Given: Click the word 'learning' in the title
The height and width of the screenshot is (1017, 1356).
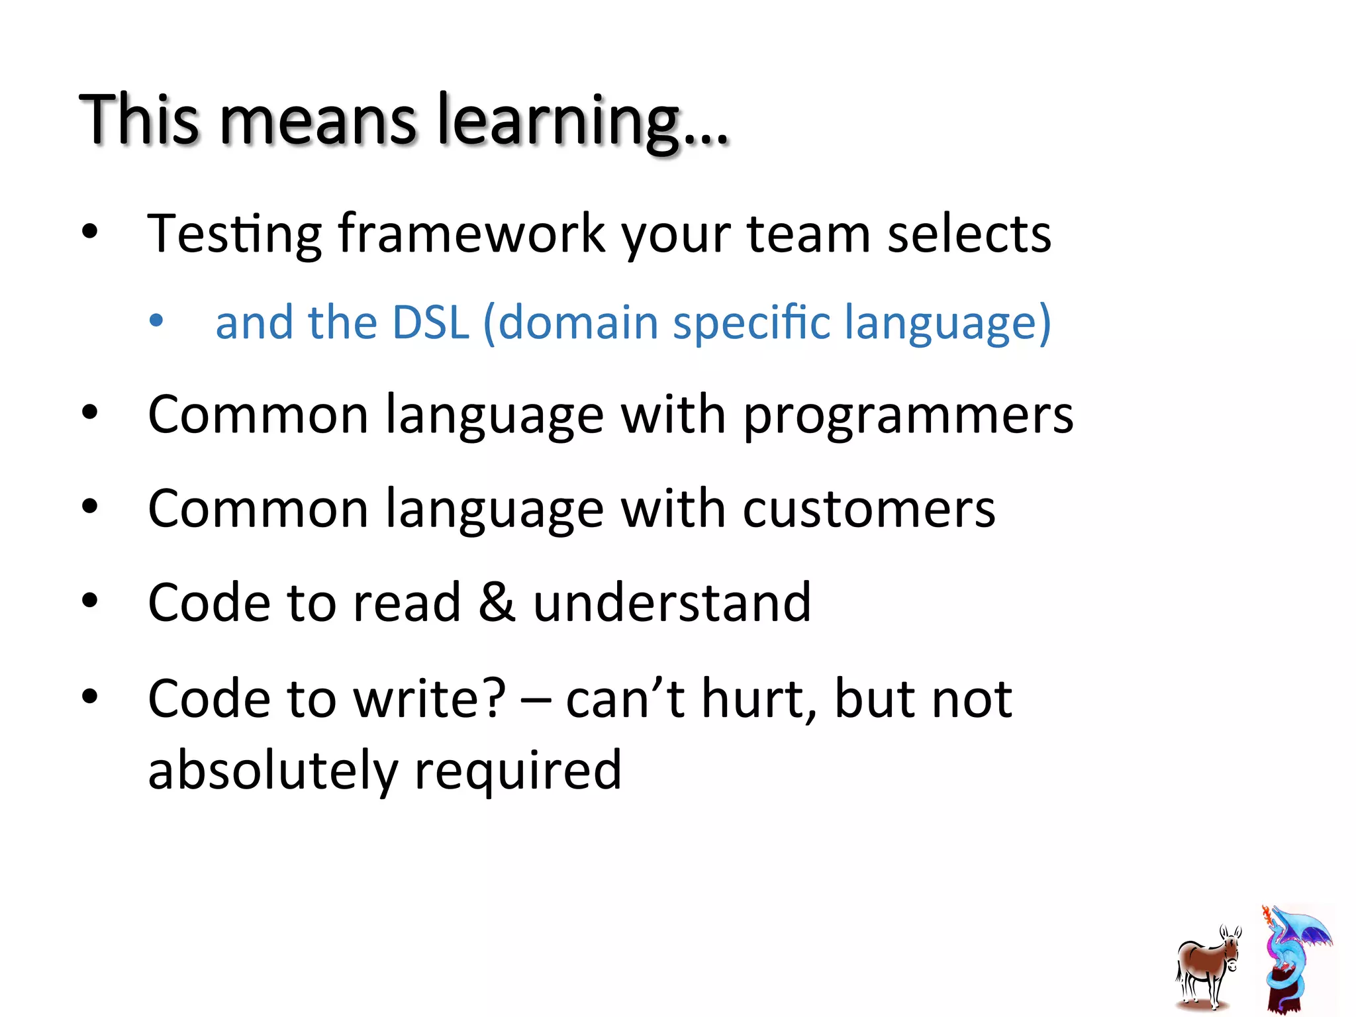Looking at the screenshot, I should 558,121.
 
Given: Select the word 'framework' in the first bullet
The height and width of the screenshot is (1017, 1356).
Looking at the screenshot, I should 471,234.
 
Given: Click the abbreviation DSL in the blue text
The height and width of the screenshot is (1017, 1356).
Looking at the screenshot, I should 430,322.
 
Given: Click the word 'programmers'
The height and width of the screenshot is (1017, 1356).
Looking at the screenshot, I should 908,415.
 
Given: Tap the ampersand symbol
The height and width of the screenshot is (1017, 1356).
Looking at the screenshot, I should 497,602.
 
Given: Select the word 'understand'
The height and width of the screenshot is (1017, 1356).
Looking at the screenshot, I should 671,602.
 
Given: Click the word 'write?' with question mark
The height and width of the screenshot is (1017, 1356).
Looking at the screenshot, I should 430,699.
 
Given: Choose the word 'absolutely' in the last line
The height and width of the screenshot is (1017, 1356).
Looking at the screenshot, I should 272,770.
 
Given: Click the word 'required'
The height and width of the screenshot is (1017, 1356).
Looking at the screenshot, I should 518,770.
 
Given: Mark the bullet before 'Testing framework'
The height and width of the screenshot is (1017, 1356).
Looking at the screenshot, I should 89,232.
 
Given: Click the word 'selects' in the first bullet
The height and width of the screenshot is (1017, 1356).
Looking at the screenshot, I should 969,234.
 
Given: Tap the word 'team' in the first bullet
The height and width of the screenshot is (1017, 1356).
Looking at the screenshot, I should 808,234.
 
